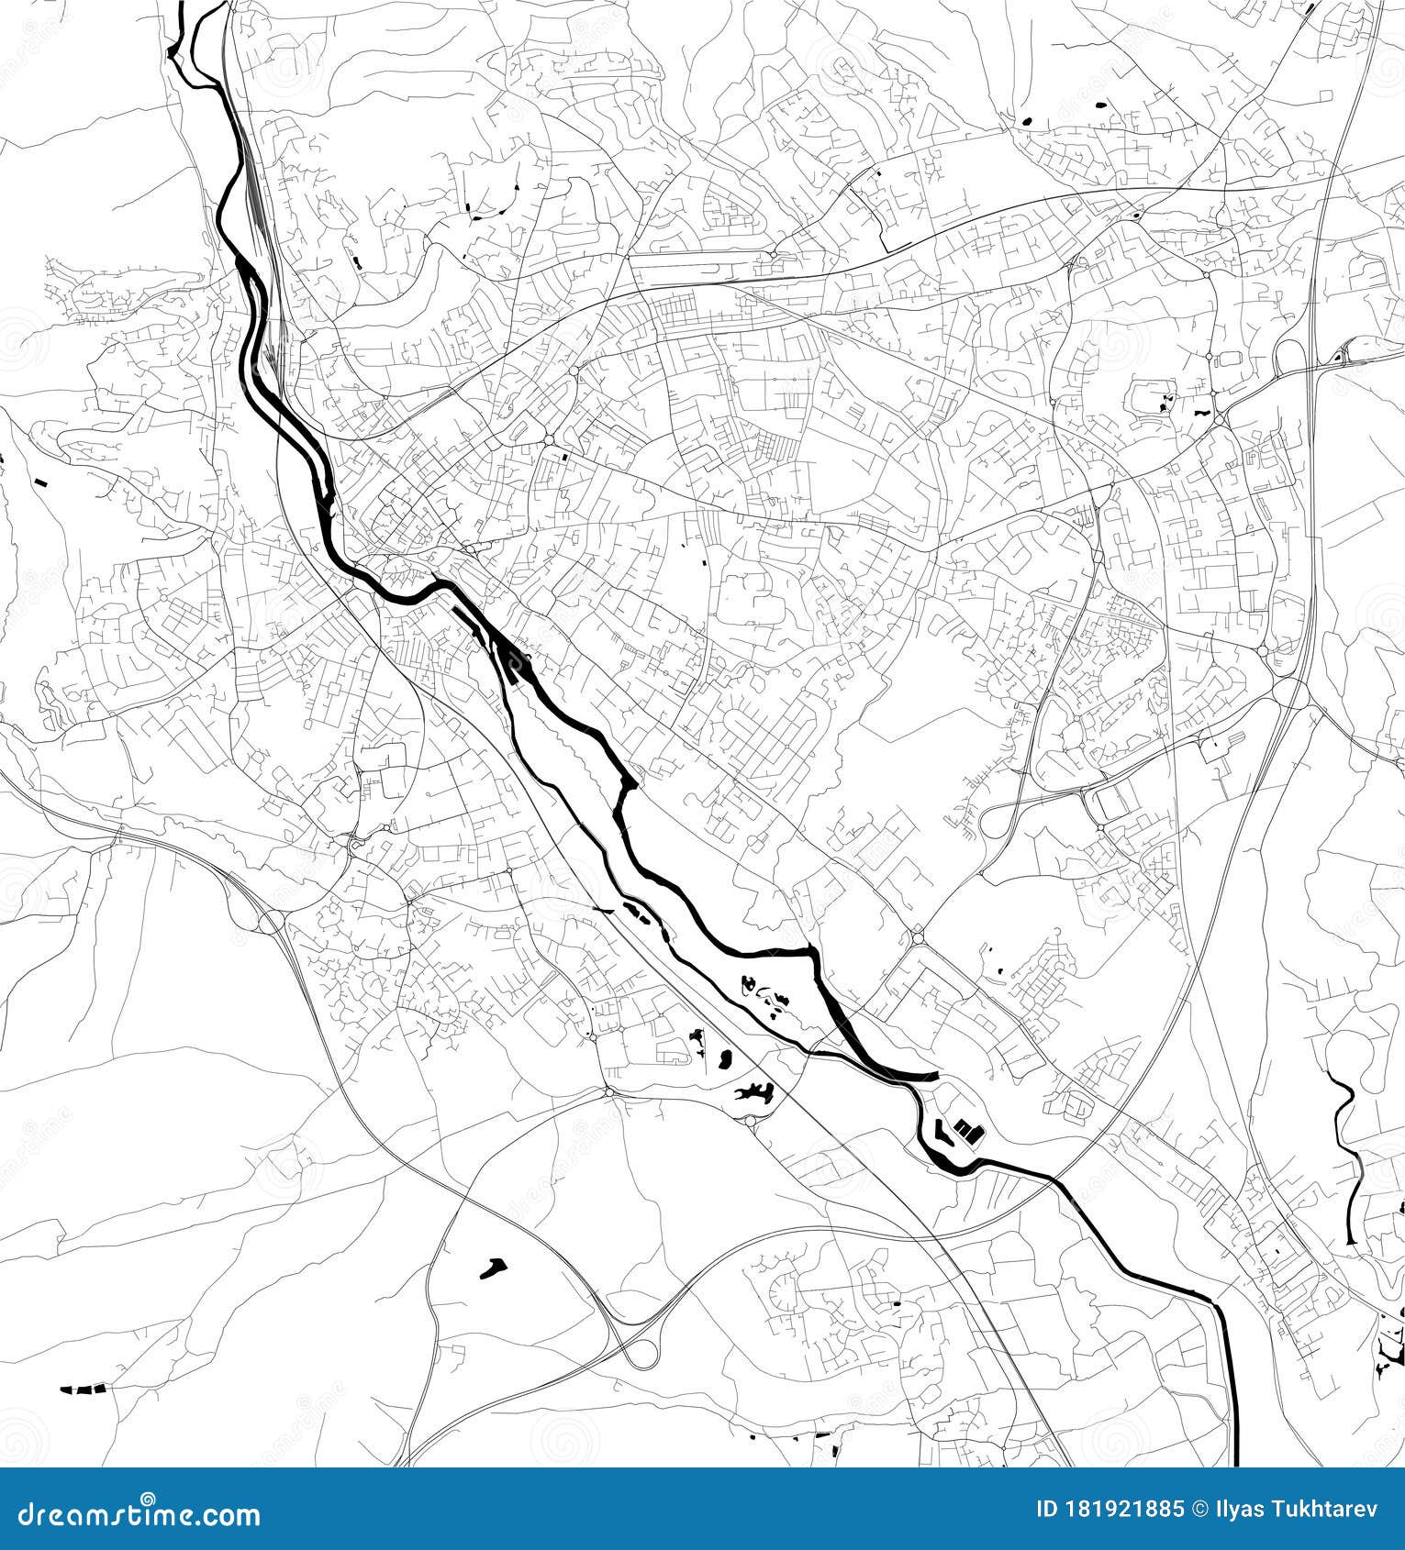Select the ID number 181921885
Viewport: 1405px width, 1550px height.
pos(1128,1510)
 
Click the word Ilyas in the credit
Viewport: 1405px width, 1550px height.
pos(1238,1510)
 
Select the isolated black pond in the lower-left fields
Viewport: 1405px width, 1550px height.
pos(493,1268)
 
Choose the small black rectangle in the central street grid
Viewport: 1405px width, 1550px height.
pos(565,457)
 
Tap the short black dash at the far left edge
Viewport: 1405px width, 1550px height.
pos(39,482)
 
